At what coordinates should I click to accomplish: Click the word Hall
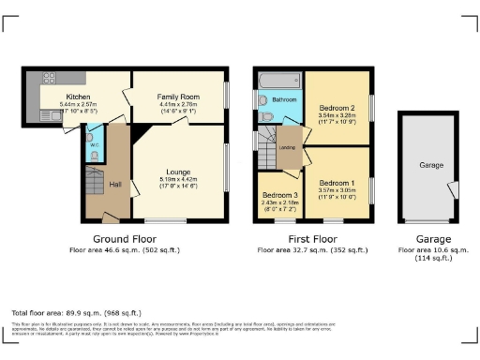[115, 184]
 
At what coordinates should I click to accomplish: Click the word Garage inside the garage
[430, 165]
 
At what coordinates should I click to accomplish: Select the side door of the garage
[456, 190]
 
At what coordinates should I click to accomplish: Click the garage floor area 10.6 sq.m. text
[431, 250]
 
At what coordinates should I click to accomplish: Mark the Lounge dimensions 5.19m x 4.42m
[178, 180]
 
